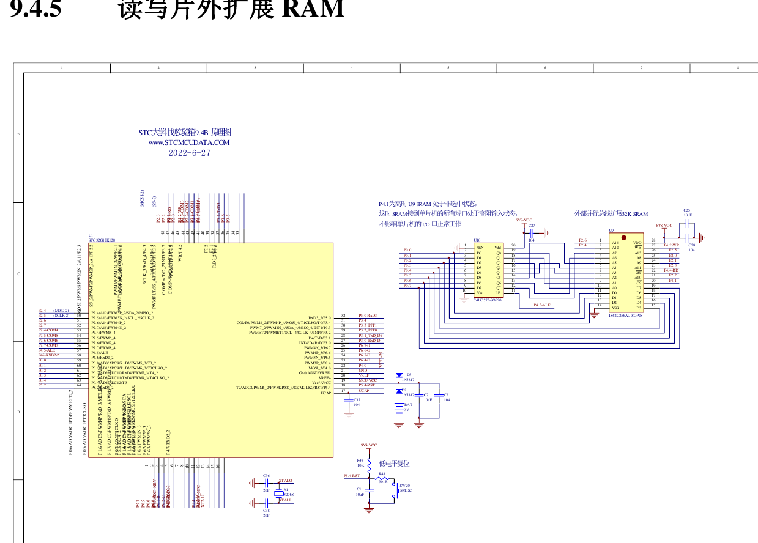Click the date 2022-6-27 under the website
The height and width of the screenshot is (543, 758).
(x=189, y=153)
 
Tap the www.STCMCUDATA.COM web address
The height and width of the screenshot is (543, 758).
(x=189, y=142)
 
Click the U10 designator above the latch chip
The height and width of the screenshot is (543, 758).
(x=477, y=240)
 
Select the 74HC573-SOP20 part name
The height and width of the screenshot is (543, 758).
(x=488, y=300)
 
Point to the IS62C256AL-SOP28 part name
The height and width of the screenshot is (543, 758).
(x=625, y=315)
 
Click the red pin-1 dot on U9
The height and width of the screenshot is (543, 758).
(x=623, y=238)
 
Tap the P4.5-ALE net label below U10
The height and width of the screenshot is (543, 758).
(x=541, y=305)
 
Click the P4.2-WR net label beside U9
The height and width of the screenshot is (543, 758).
(x=671, y=245)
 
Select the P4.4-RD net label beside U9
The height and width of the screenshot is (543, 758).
(x=671, y=270)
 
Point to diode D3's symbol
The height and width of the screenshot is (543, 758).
(x=399, y=375)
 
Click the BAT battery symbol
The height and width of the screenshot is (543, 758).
(x=399, y=407)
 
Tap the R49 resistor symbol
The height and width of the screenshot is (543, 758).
(x=368, y=463)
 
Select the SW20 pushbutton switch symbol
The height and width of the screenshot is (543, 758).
(x=396, y=490)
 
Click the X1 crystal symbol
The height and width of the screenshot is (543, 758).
(x=277, y=492)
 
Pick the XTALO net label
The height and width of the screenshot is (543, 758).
(x=285, y=481)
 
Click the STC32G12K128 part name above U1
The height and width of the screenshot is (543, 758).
(x=102, y=241)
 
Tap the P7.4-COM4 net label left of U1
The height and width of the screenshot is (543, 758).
(x=48, y=330)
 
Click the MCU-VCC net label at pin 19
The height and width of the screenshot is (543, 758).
(x=368, y=380)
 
